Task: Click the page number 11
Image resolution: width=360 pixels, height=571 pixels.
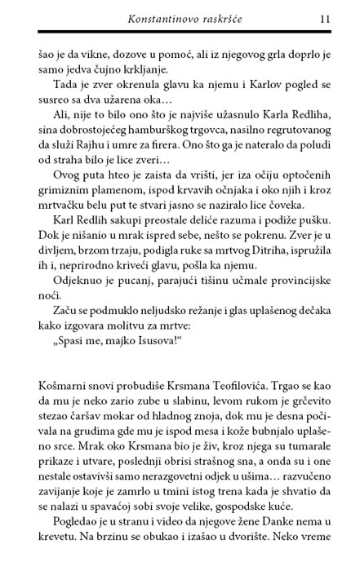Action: tap(325, 17)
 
